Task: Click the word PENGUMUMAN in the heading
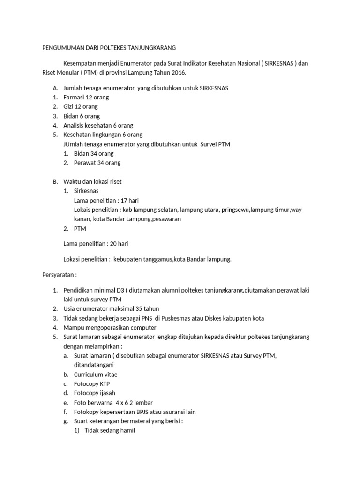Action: [x=59, y=48]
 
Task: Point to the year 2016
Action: [x=177, y=73]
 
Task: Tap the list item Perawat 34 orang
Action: [x=97, y=163]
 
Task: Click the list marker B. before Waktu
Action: [x=55, y=181]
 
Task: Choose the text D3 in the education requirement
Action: [x=120, y=291]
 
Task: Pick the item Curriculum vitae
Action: [x=96, y=375]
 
